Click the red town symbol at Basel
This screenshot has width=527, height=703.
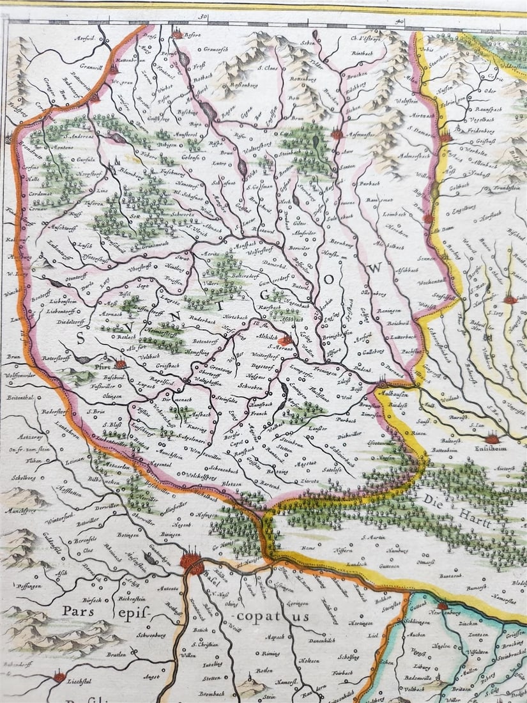point(192,562)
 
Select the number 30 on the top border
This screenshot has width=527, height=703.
point(203,19)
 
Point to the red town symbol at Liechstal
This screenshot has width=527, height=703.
point(59,676)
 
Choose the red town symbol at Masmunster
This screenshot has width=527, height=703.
point(337,134)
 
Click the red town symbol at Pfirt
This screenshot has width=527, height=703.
point(120,364)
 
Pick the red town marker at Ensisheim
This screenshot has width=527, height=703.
point(493,439)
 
